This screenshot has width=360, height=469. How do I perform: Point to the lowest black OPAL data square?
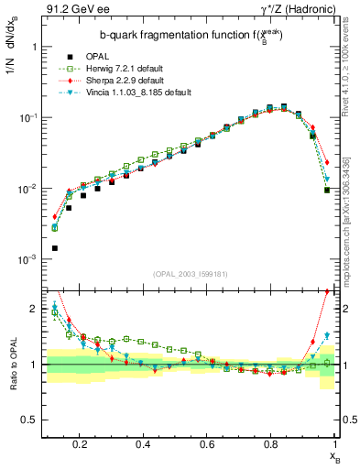(x=54, y=248)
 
